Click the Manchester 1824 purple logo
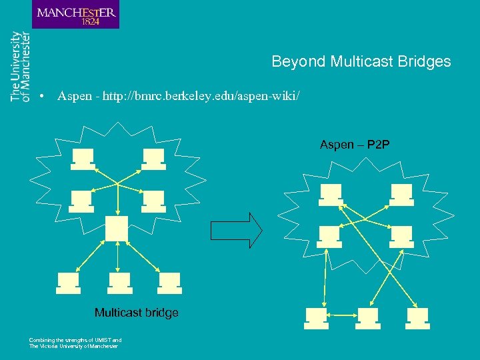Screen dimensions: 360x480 coord(75,15)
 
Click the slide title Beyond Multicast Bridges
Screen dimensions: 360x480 coord(361,62)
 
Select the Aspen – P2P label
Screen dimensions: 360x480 coord(355,145)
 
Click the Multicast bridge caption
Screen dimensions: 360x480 coord(136,313)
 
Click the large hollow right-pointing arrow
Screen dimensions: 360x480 coord(237,230)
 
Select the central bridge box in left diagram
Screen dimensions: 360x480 coord(117,228)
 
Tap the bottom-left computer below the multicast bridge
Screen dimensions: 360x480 coord(69,283)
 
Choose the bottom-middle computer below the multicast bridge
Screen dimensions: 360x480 coord(120,283)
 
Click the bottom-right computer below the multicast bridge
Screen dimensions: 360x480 coord(170,283)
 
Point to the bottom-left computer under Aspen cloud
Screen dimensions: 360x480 coord(316,318)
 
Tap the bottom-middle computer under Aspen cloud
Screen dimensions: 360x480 coord(367,318)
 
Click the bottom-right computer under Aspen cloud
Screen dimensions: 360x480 coord(418,318)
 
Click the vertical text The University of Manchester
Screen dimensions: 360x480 coord(20,66)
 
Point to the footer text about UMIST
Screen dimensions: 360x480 coord(75,343)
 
